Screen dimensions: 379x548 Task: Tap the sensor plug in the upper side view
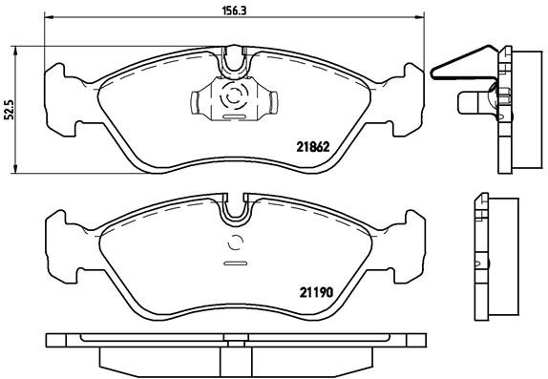474,100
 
